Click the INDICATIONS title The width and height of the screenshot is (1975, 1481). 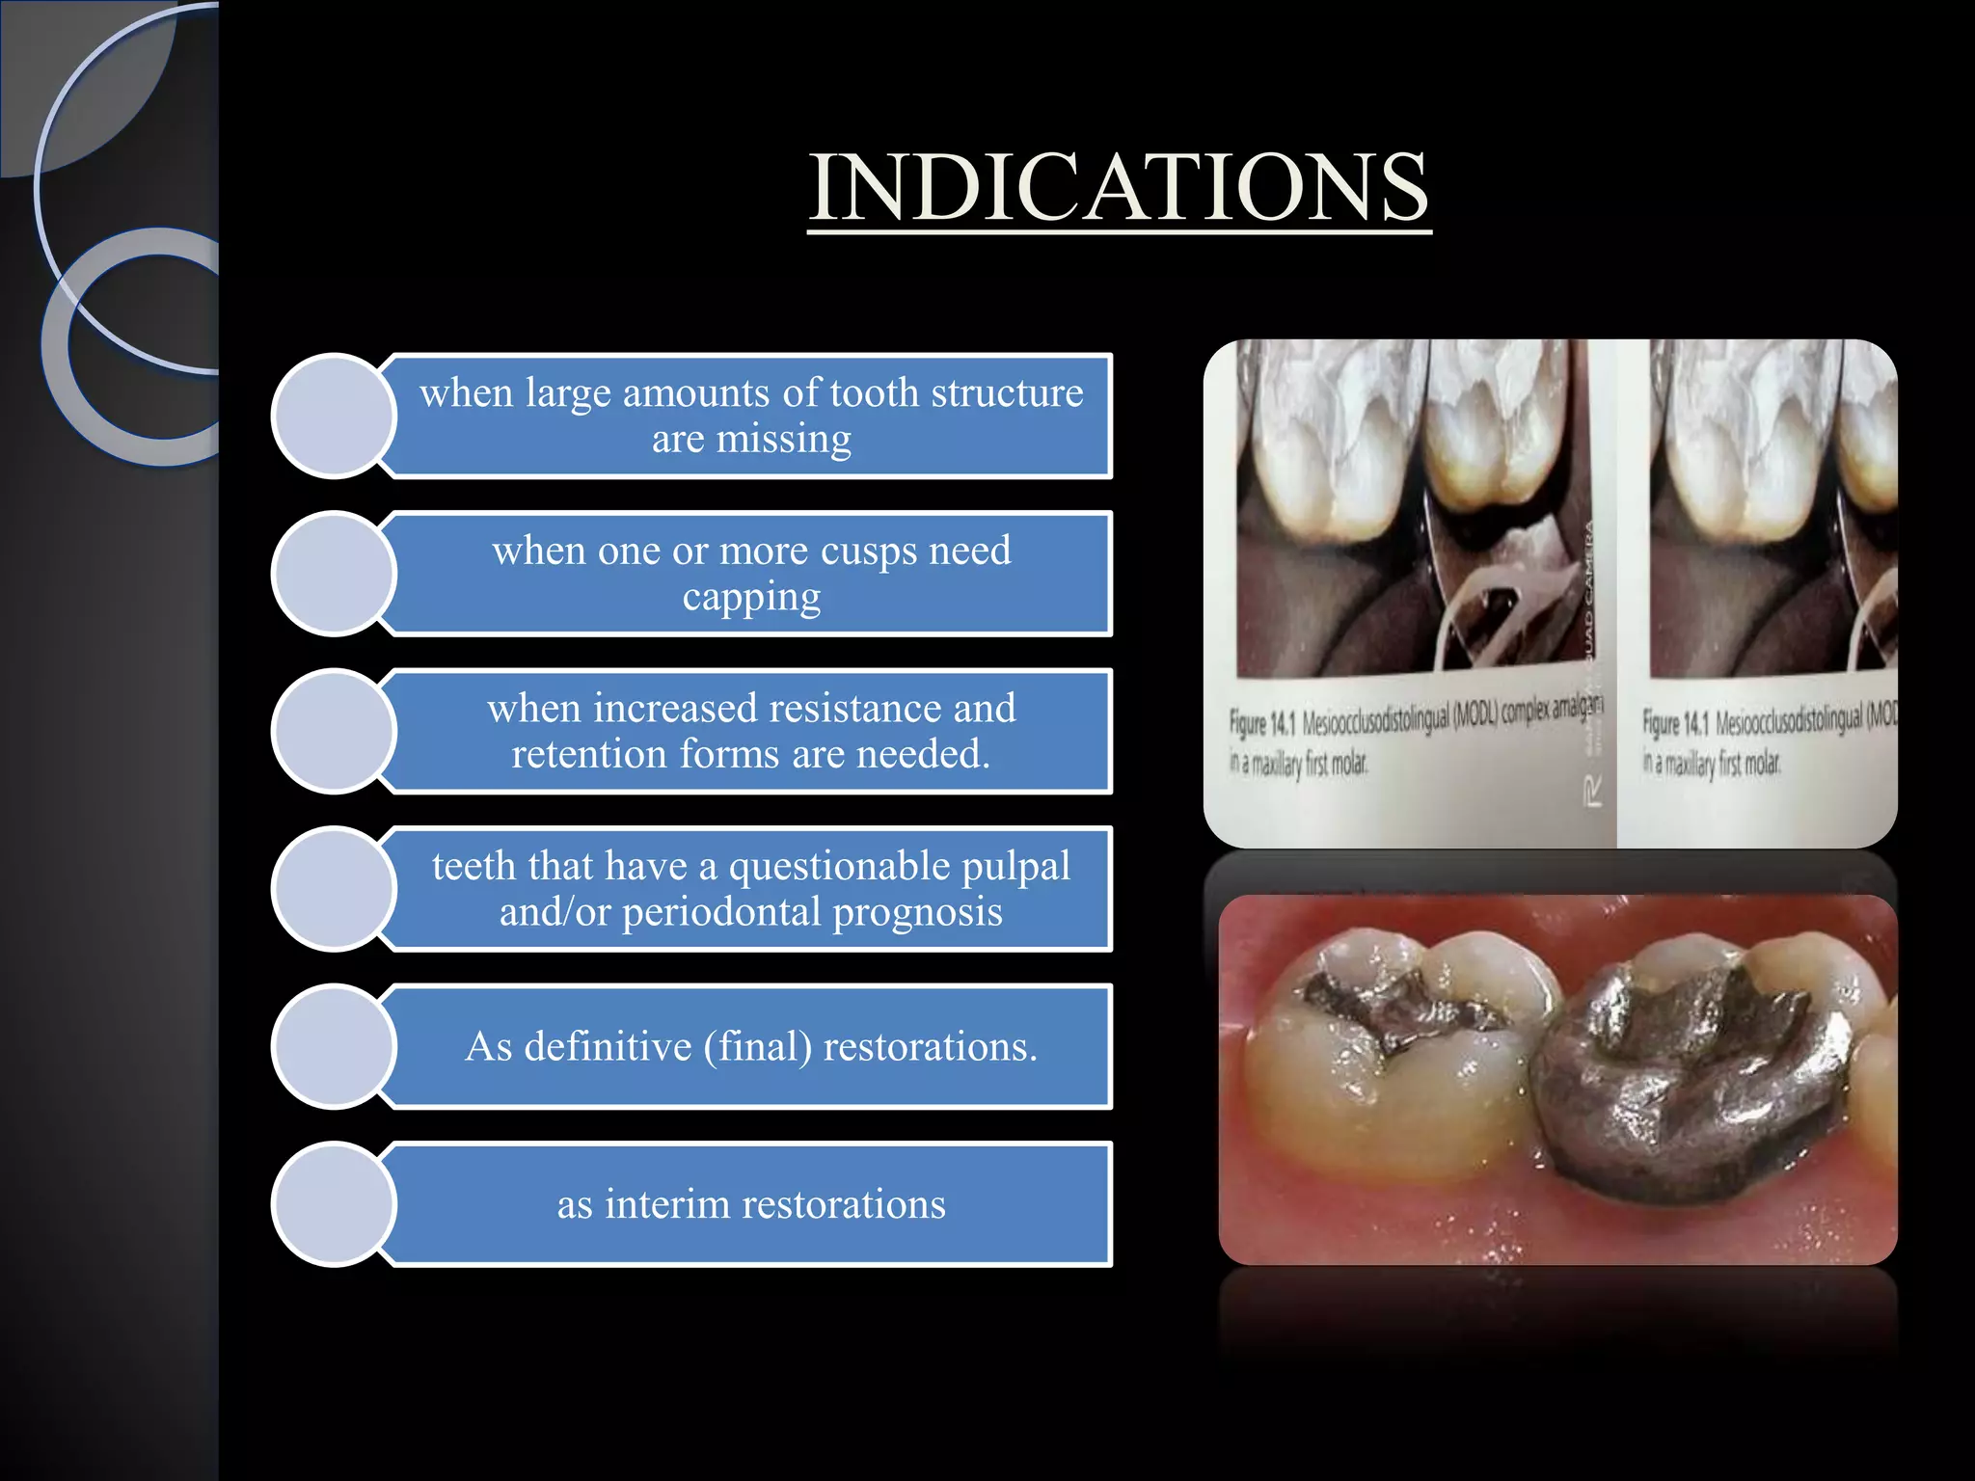pos(1119,187)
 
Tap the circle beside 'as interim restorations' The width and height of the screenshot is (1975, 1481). pos(334,1203)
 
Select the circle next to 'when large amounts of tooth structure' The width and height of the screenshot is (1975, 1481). pos(334,416)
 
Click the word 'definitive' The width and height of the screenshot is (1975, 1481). pos(607,1047)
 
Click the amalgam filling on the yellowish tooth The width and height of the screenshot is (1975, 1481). pos(1389,1012)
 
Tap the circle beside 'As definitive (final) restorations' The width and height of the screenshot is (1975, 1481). pos(334,1046)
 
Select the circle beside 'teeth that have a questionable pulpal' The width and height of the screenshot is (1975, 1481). pos(334,888)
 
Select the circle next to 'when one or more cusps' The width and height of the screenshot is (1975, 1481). pos(334,574)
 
